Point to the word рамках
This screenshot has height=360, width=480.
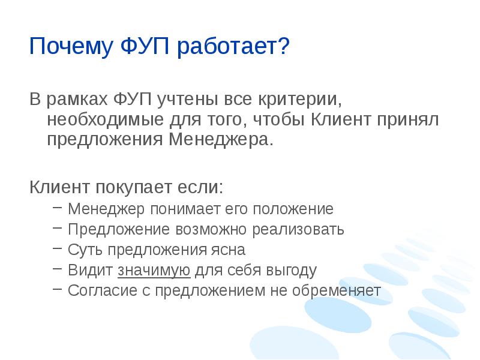[77, 98]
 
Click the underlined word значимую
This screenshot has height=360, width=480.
[154, 271]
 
